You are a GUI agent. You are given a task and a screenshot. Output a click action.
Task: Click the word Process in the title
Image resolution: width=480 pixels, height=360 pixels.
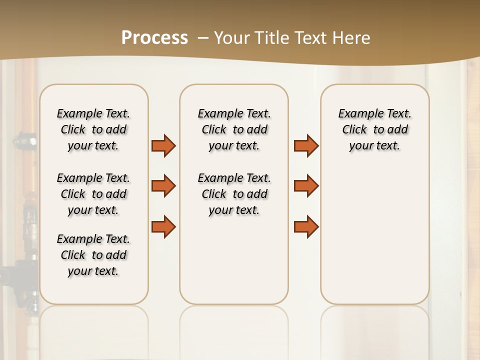pyautogui.click(x=154, y=38)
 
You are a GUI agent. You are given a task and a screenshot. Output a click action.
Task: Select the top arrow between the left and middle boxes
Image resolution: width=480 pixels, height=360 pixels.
pyautogui.click(x=163, y=145)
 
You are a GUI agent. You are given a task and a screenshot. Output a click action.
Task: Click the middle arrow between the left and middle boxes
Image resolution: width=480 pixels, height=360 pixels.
pyautogui.click(x=163, y=186)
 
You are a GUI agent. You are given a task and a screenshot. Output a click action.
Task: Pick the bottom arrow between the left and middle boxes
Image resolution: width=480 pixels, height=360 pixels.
pyautogui.click(x=163, y=226)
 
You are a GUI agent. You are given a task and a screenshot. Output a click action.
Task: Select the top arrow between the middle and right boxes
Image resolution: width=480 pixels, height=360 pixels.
pyautogui.click(x=306, y=145)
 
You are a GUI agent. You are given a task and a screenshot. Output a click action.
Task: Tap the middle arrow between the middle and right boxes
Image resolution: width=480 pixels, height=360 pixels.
pyautogui.click(x=306, y=186)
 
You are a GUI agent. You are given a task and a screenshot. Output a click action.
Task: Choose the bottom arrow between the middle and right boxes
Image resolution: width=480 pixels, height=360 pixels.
pyautogui.click(x=306, y=226)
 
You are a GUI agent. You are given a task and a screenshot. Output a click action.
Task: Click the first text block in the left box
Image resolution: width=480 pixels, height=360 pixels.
pyautogui.click(x=93, y=129)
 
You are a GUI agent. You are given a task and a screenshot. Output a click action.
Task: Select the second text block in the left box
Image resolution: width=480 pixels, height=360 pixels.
pyautogui.click(x=93, y=194)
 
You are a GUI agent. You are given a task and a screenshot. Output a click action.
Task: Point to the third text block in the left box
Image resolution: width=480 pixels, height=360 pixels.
pyautogui.click(x=93, y=255)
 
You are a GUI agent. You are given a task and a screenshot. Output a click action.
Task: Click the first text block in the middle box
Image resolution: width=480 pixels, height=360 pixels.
pyautogui.click(x=234, y=129)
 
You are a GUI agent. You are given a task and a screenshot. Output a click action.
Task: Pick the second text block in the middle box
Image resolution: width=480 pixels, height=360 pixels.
pyautogui.click(x=234, y=194)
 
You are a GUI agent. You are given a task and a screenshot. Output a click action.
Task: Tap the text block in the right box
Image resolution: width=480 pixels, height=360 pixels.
pyautogui.click(x=374, y=129)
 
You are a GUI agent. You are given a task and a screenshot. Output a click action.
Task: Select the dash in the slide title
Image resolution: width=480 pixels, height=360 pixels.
pyautogui.click(x=203, y=38)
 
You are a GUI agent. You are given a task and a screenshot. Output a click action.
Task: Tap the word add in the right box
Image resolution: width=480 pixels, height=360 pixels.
pyautogui.click(x=397, y=130)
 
